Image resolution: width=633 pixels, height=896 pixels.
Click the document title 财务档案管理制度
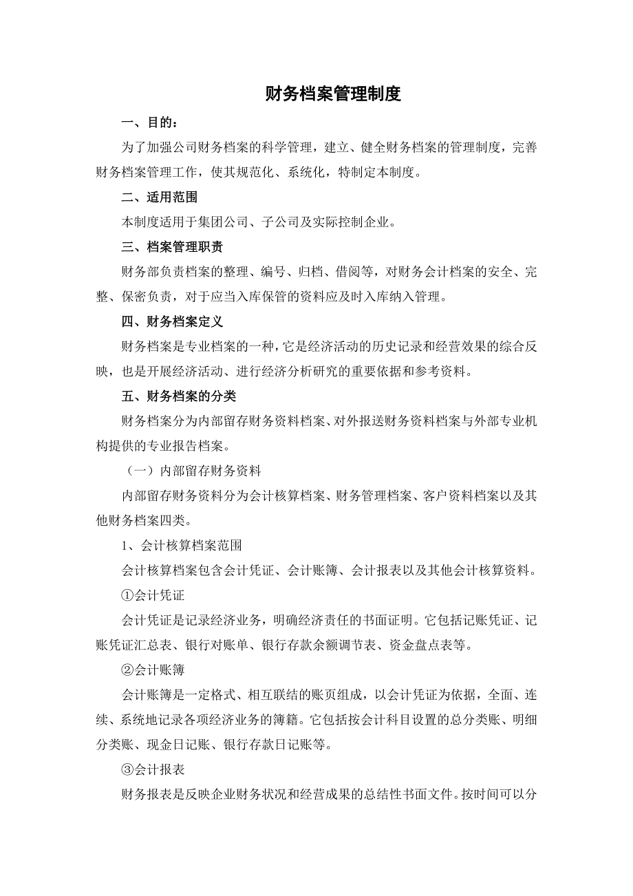(333, 94)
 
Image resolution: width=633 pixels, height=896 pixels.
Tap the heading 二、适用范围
(159, 198)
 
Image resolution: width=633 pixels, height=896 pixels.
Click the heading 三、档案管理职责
(171, 247)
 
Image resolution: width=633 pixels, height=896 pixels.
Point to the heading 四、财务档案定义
(171, 321)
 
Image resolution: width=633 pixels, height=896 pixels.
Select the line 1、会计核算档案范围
(181, 546)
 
